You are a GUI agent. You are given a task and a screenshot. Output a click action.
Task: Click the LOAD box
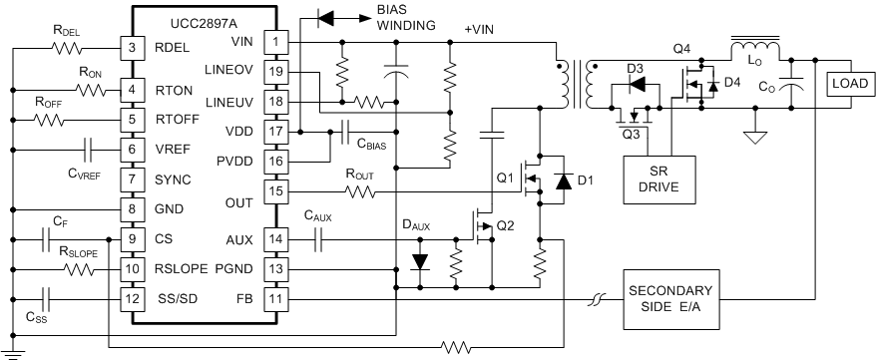847,85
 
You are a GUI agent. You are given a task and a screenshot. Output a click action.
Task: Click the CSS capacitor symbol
46,297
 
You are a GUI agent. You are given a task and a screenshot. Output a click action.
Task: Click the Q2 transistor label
506,223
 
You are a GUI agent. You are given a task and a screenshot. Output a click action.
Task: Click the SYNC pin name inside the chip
174,180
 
